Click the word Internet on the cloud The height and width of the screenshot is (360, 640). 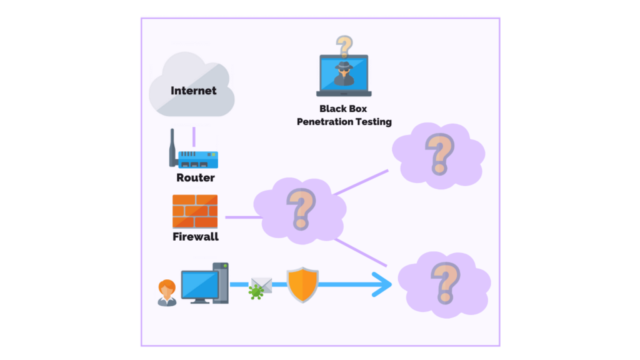(x=194, y=91)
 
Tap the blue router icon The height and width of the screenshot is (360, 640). (x=197, y=159)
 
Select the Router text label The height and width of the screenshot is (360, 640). (x=195, y=178)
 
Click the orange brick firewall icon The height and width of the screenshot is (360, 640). (x=195, y=211)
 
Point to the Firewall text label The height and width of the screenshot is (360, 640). (x=195, y=237)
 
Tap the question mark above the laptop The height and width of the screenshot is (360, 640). (x=343, y=45)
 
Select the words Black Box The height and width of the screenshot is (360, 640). (x=343, y=109)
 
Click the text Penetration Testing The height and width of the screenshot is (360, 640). (x=344, y=122)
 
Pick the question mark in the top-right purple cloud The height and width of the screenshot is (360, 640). (x=439, y=153)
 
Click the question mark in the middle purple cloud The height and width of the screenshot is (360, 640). (x=301, y=208)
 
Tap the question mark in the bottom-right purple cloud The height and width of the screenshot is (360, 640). (x=444, y=282)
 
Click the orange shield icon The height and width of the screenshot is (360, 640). (x=302, y=285)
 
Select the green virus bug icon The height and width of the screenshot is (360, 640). (x=255, y=291)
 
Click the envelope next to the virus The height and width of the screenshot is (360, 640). (x=262, y=284)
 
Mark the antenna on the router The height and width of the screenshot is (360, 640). (x=172, y=147)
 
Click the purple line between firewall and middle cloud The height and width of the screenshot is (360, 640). (x=241, y=217)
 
